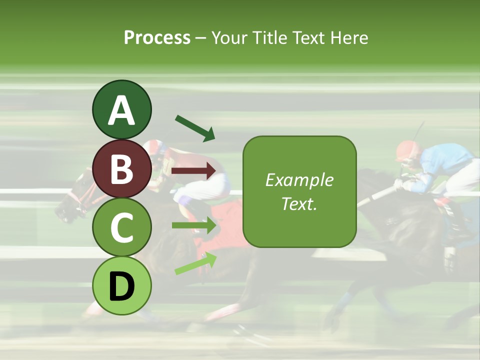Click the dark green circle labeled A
(x=121, y=110)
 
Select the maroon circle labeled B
(x=121, y=168)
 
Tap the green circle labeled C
(x=121, y=227)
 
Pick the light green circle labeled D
(x=121, y=285)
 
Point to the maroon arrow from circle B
(x=194, y=171)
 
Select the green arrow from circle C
(x=194, y=225)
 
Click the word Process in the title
(x=157, y=37)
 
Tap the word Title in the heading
(x=269, y=37)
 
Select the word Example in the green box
(x=299, y=180)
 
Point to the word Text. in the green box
(x=299, y=203)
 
